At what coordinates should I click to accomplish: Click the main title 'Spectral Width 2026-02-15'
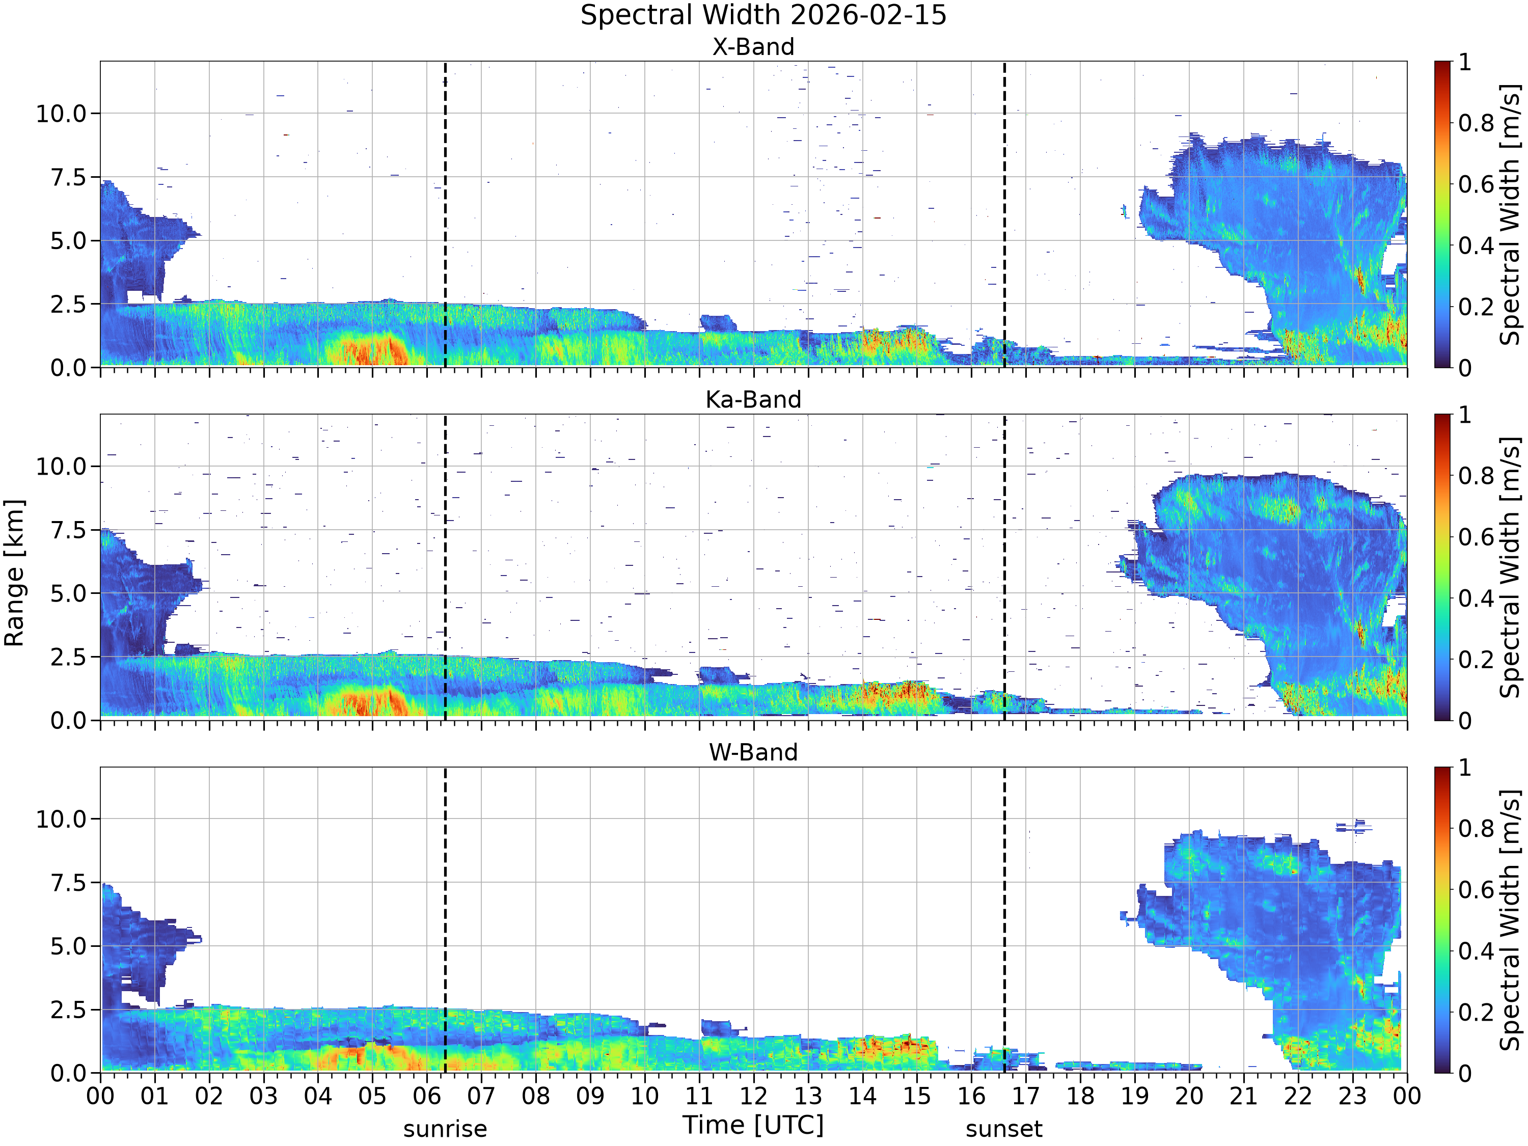(763, 15)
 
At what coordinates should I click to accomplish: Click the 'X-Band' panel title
(754, 47)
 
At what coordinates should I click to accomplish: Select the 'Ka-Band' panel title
(754, 400)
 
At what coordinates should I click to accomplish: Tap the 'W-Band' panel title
(754, 752)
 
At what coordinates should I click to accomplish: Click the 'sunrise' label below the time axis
(445, 1129)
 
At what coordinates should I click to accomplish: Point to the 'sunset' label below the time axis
(1004, 1129)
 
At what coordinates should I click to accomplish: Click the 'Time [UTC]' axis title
(754, 1125)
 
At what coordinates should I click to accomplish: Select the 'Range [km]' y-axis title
(14, 574)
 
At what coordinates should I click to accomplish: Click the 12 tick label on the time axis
(754, 1096)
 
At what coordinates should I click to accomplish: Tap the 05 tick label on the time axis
(372, 1096)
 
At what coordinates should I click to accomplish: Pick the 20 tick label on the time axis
(1189, 1096)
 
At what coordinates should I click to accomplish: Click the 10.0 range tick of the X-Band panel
(62, 113)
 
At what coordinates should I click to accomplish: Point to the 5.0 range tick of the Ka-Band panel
(69, 593)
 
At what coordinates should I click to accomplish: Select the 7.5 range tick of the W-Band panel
(69, 883)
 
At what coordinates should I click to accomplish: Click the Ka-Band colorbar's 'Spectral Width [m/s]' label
(1511, 567)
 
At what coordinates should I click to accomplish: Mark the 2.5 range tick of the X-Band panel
(69, 305)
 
